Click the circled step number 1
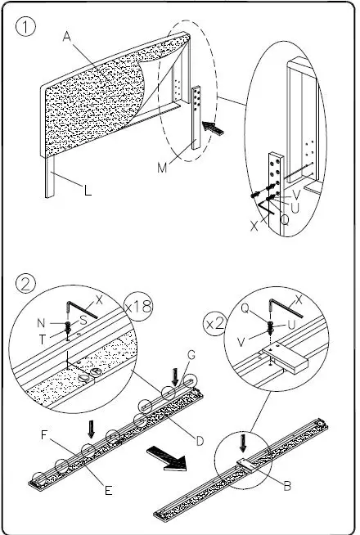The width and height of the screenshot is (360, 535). (x=25, y=27)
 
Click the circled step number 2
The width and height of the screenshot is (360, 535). (x=25, y=284)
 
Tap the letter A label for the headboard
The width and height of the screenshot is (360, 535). (x=67, y=36)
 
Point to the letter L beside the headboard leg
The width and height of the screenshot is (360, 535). (x=88, y=190)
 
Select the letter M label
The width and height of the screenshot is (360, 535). (x=163, y=168)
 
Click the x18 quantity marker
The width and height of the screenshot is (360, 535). (x=138, y=307)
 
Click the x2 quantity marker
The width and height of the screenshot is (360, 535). (x=214, y=324)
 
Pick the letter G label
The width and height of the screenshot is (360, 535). (x=191, y=355)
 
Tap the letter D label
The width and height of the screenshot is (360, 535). (x=200, y=441)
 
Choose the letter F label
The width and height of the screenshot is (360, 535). (x=43, y=435)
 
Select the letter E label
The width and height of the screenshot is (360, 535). (x=108, y=490)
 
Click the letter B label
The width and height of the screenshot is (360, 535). (x=287, y=486)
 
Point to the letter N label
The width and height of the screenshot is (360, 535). (x=41, y=323)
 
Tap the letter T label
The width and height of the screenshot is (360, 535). (x=42, y=339)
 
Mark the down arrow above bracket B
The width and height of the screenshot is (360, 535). (x=243, y=443)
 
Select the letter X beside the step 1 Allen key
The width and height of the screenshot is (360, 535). (x=254, y=226)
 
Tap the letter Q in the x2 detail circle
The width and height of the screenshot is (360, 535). (x=245, y=308)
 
